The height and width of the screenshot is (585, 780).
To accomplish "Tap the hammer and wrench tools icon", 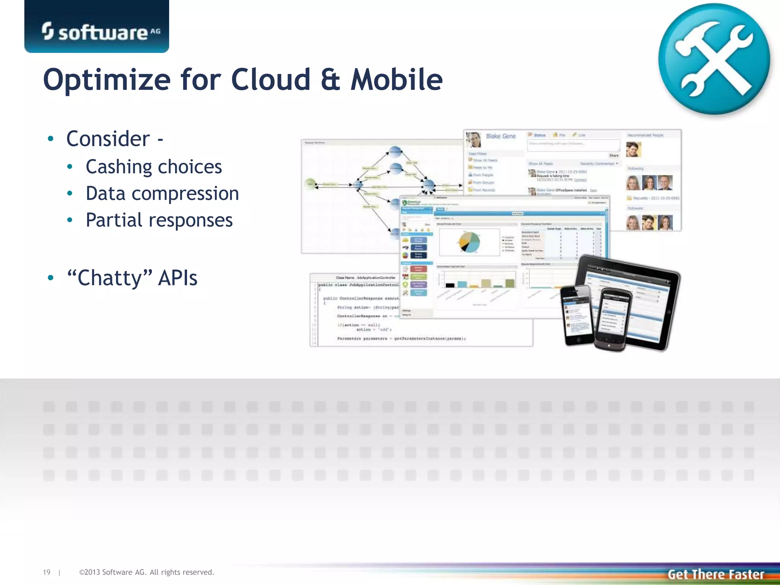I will pyautogui.click(x=714, y=59).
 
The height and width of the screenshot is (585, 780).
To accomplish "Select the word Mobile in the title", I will pyautogui.click(x=396, y=80).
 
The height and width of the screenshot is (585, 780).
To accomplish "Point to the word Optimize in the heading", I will pyautogui.click(x=107, y=80).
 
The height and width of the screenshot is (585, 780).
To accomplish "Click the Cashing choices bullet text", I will pyautogui.click(x=153, y=167).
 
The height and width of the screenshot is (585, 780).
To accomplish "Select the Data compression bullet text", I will pyautogui.click(x=162, y=193).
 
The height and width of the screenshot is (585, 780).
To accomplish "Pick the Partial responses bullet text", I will pyautogui.click(x=159, y=220).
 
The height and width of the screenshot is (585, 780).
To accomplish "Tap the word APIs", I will pyautogui.click(x=177, y=278).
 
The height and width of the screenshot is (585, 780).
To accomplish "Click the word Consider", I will pyautogui.click(x=108, y=139).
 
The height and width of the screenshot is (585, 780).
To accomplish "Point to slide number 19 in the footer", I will pyautogui.click(x=46, y=572).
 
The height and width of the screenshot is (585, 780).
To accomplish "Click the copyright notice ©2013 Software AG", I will pyautogui.click(x=147, y=572).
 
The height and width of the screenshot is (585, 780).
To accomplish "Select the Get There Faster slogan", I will pyautogui.click(x=716, y=574).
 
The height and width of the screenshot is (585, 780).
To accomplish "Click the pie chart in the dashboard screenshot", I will pyautogui.click(x=469, y=242).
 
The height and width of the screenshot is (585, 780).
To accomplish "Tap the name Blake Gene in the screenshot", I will pyautogui.click(x=500, y=136).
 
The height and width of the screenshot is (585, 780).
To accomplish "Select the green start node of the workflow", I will pyautogui.click(x=310, y=184).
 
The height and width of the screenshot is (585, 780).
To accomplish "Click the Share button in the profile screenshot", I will pyautogui.click(x=614, y=155).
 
